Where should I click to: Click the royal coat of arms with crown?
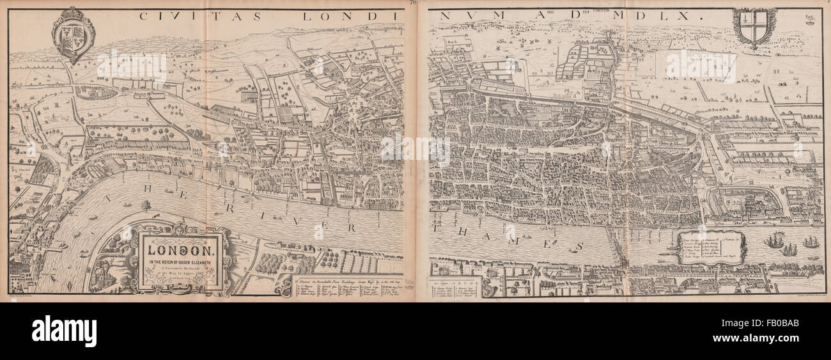pyautogui.click(x=73, y=36)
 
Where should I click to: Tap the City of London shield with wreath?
pyautogui.click(x=754, y=27)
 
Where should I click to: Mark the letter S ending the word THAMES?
pyautogui.click(x=580, y=246)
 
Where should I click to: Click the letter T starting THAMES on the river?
pyautogui.click(x=437, y=227)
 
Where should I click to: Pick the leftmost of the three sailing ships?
pyautogui.click(x=773, y=241)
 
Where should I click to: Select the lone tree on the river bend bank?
pyautogui.click(x=147, y=206)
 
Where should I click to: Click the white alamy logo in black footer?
pyautogui.click(x=64, y=331)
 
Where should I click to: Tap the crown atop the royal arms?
pyautogui.click(x=72, y=13)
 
